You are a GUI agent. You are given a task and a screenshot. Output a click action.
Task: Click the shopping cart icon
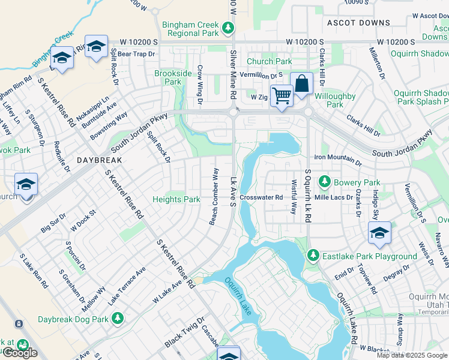click(x=281, y=95)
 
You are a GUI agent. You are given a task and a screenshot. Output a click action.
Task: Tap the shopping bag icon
click(x=301, y=83)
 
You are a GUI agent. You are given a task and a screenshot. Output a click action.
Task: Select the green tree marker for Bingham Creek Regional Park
click(x=228, y=28)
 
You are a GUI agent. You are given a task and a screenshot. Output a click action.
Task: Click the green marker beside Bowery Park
click(x=325, y=181)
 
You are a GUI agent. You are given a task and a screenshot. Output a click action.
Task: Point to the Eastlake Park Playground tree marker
click(x=313, y=256)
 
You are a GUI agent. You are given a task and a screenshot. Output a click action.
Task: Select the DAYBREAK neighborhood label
click(x=100, y=161)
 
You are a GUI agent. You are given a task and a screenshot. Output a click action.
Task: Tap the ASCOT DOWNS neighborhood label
click(x=358, y=23)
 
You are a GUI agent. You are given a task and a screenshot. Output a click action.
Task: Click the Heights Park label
click(x=176, y=199)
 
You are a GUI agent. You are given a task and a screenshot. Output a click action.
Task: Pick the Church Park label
click(x=269, y=61)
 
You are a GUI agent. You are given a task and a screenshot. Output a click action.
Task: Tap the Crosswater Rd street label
click(x=261, y=197)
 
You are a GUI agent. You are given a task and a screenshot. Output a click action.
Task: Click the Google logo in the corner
click(x=20, y=353)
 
